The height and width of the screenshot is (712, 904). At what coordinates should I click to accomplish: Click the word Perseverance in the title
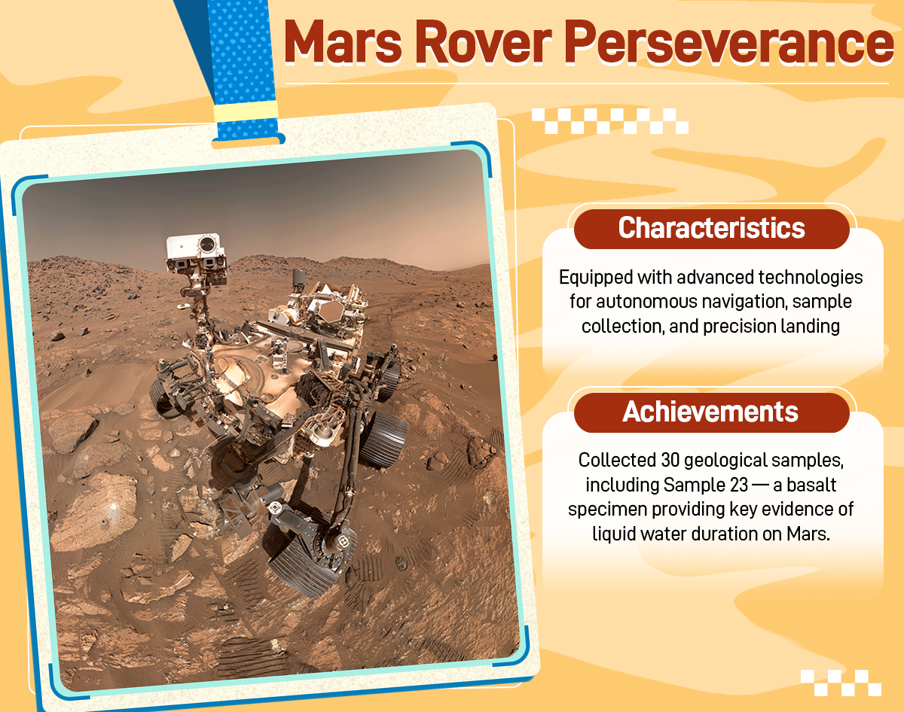728,43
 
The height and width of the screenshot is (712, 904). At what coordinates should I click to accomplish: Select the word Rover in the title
483,42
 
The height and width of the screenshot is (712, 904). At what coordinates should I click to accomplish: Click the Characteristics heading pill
712,229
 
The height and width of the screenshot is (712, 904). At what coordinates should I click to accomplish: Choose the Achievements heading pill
712,412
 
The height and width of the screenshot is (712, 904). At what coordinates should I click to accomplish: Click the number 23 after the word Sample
739,485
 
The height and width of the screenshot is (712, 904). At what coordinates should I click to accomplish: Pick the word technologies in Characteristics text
811,278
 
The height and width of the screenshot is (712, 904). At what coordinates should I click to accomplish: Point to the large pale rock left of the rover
94,510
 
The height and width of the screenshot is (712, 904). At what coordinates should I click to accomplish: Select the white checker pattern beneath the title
610,121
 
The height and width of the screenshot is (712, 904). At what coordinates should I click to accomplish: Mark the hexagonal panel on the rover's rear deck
331,312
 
